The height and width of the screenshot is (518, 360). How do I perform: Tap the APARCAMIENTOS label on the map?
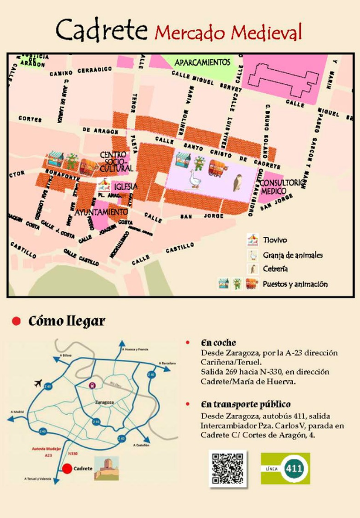(x=201, y=62)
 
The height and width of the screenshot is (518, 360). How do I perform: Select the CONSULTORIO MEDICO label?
(x=284, y=187)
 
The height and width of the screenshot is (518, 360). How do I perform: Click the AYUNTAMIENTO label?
(x=101, y=211)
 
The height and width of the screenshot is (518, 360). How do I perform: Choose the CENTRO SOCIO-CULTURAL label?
(x=117, y=161)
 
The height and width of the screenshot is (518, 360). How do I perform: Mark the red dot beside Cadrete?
(x=67, y=468)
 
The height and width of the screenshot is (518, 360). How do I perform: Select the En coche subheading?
(x=218, y=342)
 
